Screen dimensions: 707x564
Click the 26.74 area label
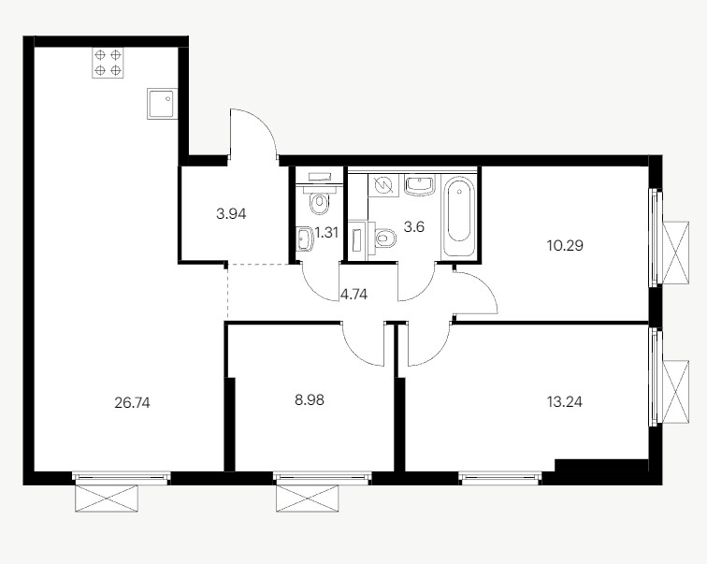132,402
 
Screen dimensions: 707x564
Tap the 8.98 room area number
310,400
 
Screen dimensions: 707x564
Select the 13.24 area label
565,401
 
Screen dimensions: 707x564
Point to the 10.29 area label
565,246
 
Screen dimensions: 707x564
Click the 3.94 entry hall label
231,213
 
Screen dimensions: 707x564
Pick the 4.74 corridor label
353,295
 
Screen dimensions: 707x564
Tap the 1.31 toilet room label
326,233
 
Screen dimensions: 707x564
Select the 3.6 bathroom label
414,226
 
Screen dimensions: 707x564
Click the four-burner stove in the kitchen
108,63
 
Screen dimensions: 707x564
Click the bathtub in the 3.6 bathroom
459,217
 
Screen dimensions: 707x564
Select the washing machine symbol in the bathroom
383,186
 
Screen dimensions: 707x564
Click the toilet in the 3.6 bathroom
382,237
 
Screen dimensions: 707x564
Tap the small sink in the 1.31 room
305,239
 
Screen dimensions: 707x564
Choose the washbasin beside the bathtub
420,185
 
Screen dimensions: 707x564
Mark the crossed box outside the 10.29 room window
675,253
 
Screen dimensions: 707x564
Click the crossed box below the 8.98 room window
308,499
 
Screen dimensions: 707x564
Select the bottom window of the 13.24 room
500,478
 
